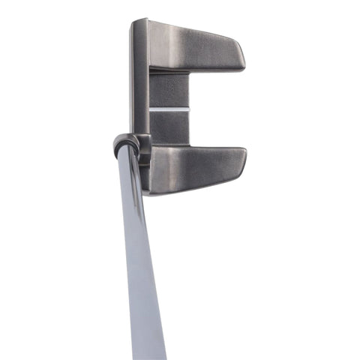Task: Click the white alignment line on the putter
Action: pos(169,109)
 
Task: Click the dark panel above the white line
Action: pos(169,91)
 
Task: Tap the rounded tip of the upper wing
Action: pos(240,58)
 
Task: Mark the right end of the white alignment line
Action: pos(188,109)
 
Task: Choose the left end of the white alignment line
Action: pos(150,109)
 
